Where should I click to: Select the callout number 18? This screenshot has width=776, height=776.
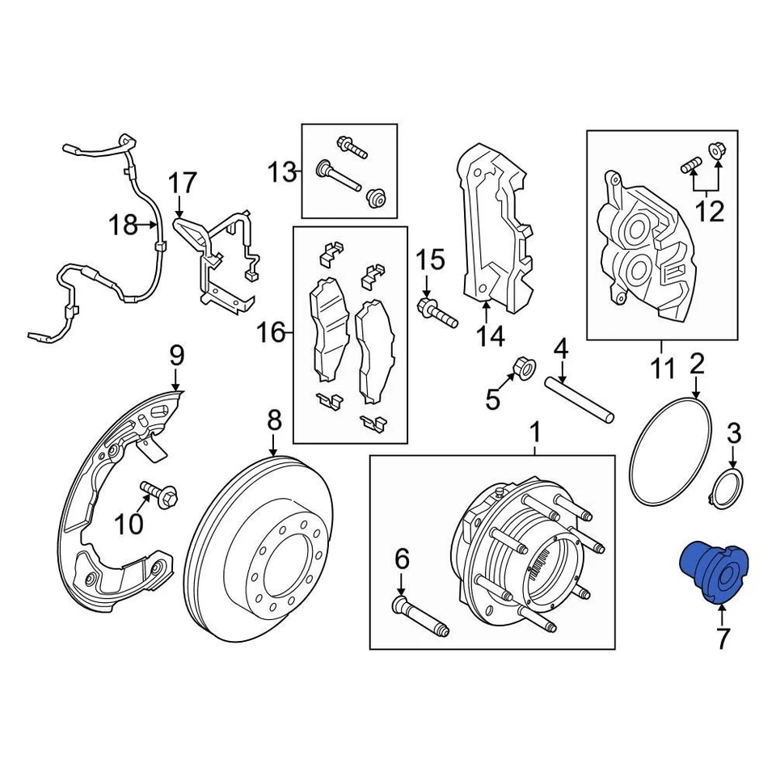pos(124,225)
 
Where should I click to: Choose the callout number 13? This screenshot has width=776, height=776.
pos(283,171)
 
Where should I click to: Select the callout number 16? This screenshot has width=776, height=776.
pos(272,331)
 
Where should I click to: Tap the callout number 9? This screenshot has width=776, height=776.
pos(176,355)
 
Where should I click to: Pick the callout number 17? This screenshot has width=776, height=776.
pos(182,182)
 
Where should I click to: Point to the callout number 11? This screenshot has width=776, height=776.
pos(662,369)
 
